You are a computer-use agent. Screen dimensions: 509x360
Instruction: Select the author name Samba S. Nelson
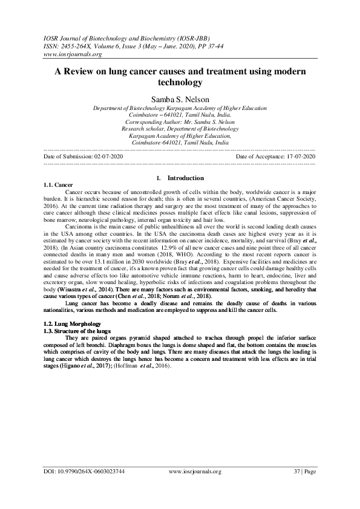click(x=180, y=97)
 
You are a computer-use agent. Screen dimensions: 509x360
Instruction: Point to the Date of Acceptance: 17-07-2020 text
click(x=276, y=156)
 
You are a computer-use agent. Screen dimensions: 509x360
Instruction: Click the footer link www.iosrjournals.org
click(x=195, y=471)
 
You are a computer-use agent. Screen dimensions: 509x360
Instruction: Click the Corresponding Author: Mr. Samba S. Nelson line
click(x=180, y=122)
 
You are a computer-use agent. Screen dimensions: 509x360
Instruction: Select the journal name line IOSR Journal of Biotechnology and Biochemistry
click(x=119, y=37)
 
